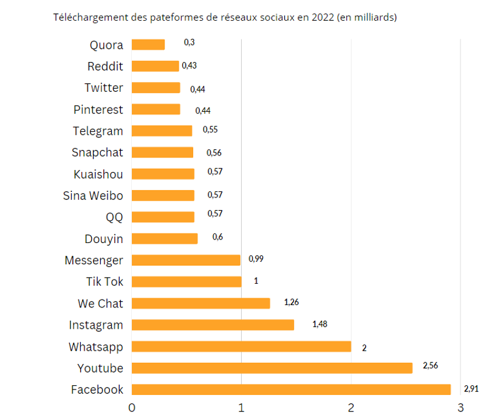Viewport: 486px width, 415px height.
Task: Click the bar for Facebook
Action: tap(291, 389)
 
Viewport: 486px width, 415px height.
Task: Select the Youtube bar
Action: tap(272, 368)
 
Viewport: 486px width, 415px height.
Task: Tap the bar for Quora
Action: tap(148, 45)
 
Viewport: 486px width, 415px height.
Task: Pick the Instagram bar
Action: tap(213, 325)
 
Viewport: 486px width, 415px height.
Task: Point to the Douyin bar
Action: tap(165, 239)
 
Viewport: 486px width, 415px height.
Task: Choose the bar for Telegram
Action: tap(162, 131)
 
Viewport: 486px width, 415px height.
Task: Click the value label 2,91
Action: tap(471, 389)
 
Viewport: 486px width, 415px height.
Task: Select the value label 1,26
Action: tap(292, 301)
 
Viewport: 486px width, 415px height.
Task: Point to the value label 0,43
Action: tap(189, 65)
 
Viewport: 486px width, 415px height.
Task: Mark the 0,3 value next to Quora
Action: tap(189, 43)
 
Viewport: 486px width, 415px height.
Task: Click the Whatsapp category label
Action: tap(96, 347)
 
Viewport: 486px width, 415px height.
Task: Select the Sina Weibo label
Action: tap(93, 196)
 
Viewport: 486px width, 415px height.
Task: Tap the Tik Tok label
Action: tap(104, 282)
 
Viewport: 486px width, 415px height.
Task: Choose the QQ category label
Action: tap(114, 218)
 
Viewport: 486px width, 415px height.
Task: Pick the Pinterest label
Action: tap(98, 109)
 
